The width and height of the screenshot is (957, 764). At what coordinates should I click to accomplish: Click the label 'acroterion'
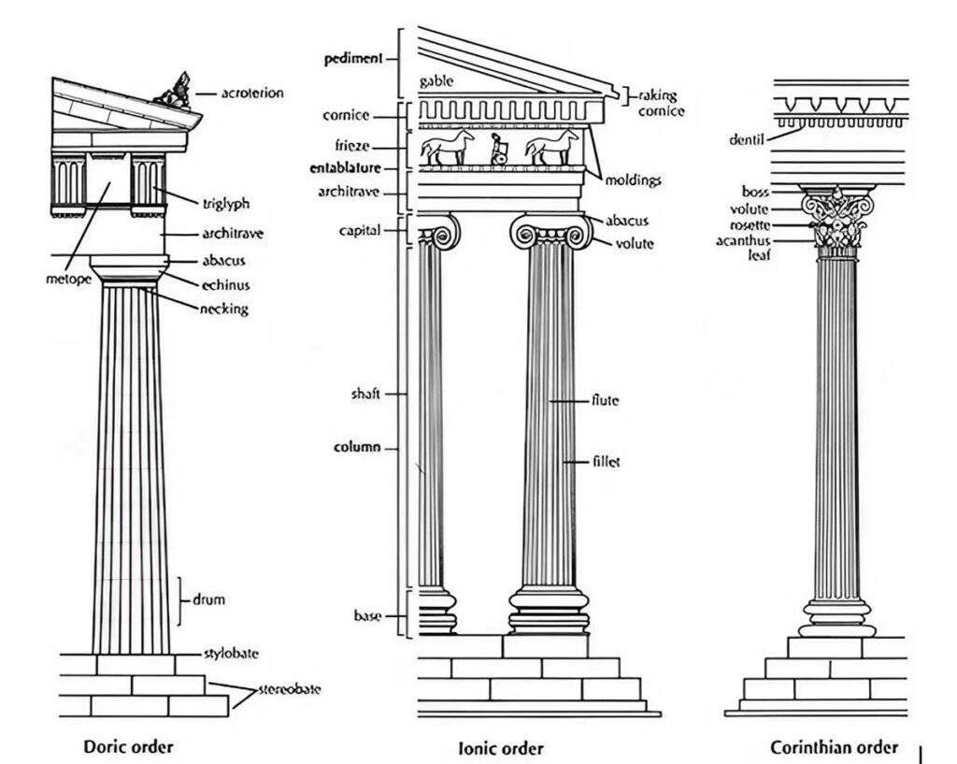pyautogui.click(x=252, y=94)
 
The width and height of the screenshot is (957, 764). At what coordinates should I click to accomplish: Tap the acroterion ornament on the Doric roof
pyautogui.click(x=176, y=91)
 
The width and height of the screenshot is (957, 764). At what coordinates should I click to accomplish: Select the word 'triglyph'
pyautogui.click(x=226, y=203)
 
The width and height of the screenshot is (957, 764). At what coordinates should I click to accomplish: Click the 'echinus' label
pyautogui.click(x=225, y=284)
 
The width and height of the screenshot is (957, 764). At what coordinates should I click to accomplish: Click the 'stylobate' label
pyautogui.click(x=231, y=653)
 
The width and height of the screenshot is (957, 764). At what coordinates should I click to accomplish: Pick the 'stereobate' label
pyautogui.click(x=289, y=689)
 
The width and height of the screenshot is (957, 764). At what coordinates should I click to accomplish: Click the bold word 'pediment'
pyautogui.click(x=353, y=58)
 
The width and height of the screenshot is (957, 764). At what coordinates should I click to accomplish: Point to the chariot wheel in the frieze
pyautogui.click(x=500, y=158)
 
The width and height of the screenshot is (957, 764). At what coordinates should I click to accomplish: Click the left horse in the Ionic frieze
pyautogui.click(x=447, y=148)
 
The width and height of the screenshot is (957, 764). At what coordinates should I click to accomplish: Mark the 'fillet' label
pyautogui.click(x=607, y=461)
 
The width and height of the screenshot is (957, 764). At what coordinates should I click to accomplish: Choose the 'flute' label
pyautogui.click(x=605, y=400)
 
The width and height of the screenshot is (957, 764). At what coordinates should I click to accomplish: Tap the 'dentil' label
pyautogui.click(x=747, y=141)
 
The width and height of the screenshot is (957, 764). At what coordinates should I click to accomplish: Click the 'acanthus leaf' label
pyautogui.click(x=744, y=247)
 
